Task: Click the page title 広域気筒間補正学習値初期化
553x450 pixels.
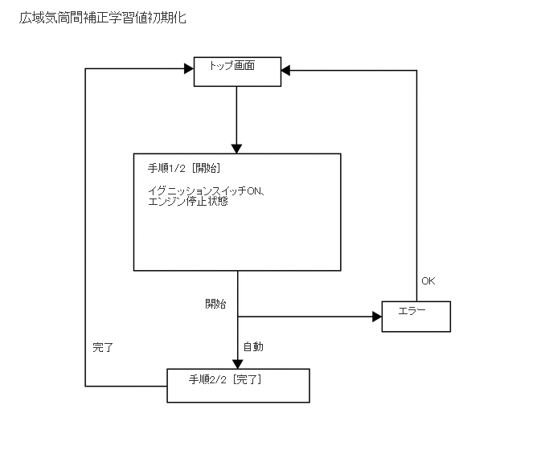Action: pos(103,18)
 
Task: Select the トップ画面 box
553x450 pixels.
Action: pos(237,72)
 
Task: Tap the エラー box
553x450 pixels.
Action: pos(416,316)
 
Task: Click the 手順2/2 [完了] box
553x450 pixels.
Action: pos(238,385)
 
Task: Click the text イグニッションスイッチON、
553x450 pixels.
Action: pos(207,190)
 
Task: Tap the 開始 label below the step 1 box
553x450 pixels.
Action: pos(215,304)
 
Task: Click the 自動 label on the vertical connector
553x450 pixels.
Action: pos(253,347)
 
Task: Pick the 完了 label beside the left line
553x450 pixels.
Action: pos(103,348)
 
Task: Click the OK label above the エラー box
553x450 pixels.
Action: pos(428,281)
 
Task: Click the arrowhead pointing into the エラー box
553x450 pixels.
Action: pos(376,316)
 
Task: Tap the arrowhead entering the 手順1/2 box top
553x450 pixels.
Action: pos(237,148)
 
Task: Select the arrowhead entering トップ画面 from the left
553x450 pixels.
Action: pos(189,70)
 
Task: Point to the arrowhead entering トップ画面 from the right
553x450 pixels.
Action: pos(287,71)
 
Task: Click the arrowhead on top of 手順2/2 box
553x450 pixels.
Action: pos(237,363)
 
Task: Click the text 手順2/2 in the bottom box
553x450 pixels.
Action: pos(207,378)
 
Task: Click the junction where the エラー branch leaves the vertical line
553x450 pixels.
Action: pos(237,316)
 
